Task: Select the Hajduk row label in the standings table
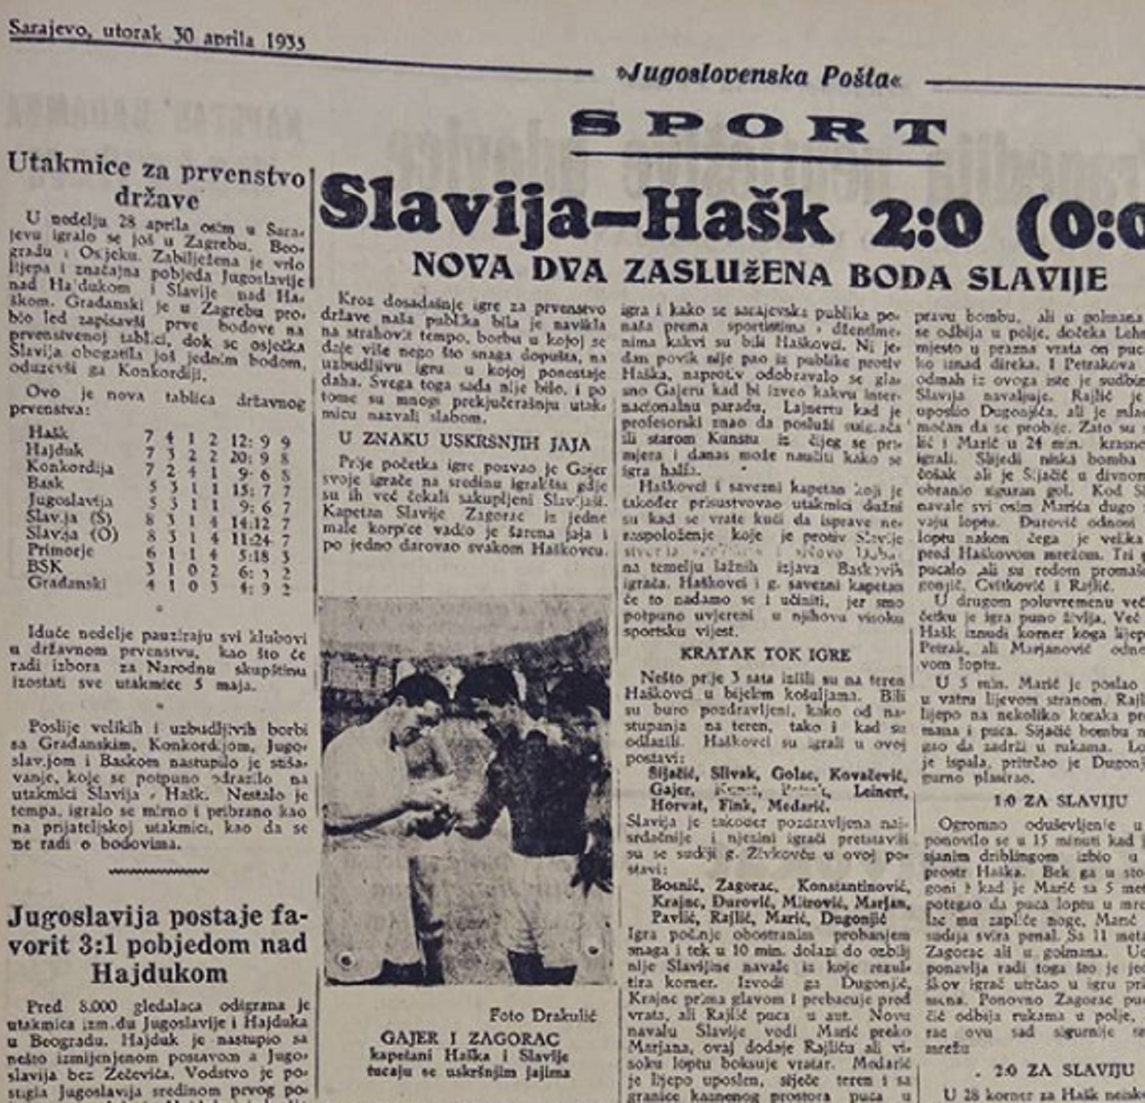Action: tap(54, 450)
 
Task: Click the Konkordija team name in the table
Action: tap(69, 467)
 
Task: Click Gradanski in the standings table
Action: tap(67, 583)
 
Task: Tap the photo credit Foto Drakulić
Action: tap(542, 1015)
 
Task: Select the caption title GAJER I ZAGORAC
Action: tap(470, 1038)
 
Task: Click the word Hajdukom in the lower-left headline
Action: tap(159, 974)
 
